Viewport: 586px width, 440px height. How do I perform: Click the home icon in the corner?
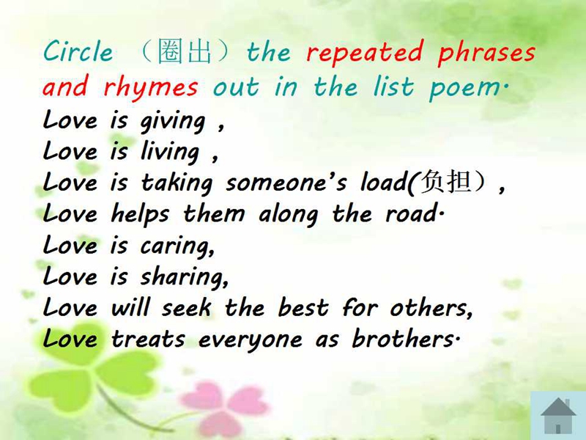[x=558, y=415]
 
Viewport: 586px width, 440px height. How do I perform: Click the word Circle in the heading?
[x=78, y=51]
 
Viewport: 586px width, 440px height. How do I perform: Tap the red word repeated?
[x=365, y=52]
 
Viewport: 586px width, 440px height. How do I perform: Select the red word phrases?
[x=486, y=53]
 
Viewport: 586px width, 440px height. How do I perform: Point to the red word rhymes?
[x=150, y=87]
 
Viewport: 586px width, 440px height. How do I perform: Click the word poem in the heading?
[x=467, y=87]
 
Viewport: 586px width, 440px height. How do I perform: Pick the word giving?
[x=173, y=122]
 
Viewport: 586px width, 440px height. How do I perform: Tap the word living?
[x=170, y=153]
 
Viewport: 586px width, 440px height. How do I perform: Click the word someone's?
[x=286, y=183]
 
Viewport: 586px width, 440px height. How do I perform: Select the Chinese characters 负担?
[x=445, y=182]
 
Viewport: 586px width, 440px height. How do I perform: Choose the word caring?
[x=177, y=247]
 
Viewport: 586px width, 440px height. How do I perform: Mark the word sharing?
[x=184, y=278]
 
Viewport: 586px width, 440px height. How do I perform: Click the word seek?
[x=187, y=308]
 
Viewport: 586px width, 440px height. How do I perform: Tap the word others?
[x=431, y=308]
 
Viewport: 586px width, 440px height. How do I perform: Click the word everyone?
[x=250, y=340]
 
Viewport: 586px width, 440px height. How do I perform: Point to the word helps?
[x=140, y=215]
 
